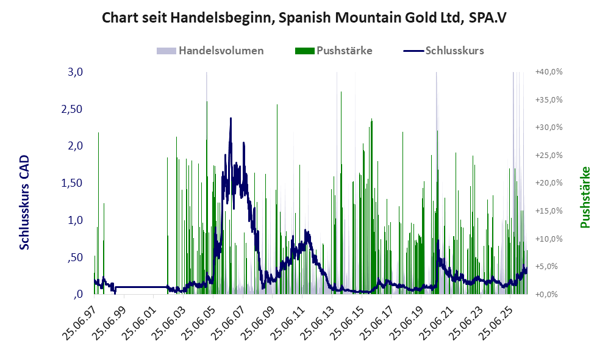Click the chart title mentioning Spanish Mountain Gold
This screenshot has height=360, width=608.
(x=304, y=18)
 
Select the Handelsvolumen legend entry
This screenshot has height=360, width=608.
(x=210, y=51)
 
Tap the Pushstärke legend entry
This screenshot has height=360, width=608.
(x=334, y=51)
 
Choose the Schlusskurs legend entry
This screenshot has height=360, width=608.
(x=443, y=51)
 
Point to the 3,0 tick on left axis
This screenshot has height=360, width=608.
(x=75, y=72)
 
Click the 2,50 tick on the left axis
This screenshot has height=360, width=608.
(x=72, y=109)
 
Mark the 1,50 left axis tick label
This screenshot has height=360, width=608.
(x=72, y=183)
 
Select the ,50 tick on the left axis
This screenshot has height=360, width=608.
(x=75, y=257)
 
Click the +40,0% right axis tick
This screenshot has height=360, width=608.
(x=549, y=72)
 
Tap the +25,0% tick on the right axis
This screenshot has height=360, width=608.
(x=549, y=155)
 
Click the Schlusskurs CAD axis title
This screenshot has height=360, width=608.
(x=24, y=202)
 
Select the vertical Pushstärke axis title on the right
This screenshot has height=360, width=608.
(x=585, y=197)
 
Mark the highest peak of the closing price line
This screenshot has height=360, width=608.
(x=231, y=118)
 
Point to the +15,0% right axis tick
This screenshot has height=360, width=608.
(x=549, y=211)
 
